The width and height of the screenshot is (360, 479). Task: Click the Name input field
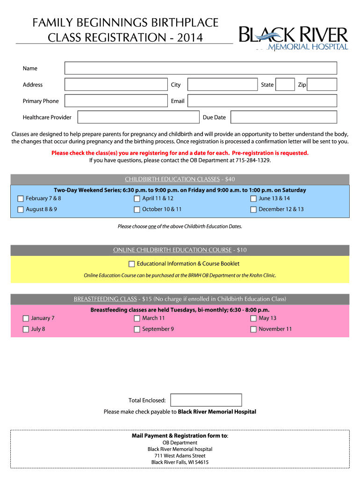click(201, 68)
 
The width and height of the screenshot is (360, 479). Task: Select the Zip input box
click(322, 85)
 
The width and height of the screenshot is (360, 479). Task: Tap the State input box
click(284, 85)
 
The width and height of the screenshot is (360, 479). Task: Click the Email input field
click(262, 101)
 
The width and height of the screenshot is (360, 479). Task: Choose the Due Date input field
click(283, 117)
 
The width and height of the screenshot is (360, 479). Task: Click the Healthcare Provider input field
click(138, 117)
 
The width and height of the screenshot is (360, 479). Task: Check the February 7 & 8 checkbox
click(21, 199)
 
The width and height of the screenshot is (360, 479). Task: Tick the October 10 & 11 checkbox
click(137, 210)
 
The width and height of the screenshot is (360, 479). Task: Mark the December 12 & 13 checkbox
click(253, 210)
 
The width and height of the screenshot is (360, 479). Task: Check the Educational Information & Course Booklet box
click(132, 264)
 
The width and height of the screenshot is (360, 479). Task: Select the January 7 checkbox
click(26, 319)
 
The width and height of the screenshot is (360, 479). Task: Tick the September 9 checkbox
click(137, 329)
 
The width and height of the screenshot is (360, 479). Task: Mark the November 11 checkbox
click(253, 329)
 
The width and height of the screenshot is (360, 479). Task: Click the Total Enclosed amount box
click(206, 400)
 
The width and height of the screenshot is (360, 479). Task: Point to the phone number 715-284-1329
click(253, 160)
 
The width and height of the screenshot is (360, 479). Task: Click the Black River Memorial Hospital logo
click(294, 37)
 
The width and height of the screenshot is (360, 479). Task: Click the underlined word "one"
click(152, 226)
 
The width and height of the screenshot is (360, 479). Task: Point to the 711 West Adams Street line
click(180, 456)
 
